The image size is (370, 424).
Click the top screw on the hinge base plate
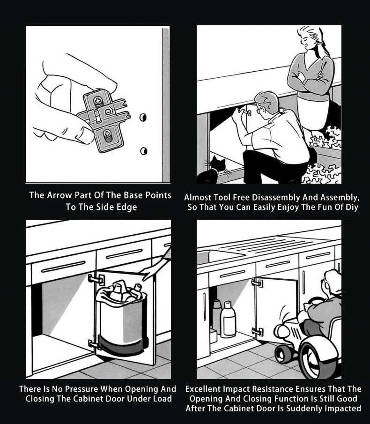98,101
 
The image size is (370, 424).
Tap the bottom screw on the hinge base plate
107,134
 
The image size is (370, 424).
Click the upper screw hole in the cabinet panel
143,117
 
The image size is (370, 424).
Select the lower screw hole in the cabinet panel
144,150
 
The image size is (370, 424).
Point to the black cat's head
218,164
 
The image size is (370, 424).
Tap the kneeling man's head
266,104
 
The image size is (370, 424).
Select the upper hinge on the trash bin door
96,279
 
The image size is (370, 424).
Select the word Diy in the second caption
352,208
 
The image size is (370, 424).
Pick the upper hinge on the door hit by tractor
257,283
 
